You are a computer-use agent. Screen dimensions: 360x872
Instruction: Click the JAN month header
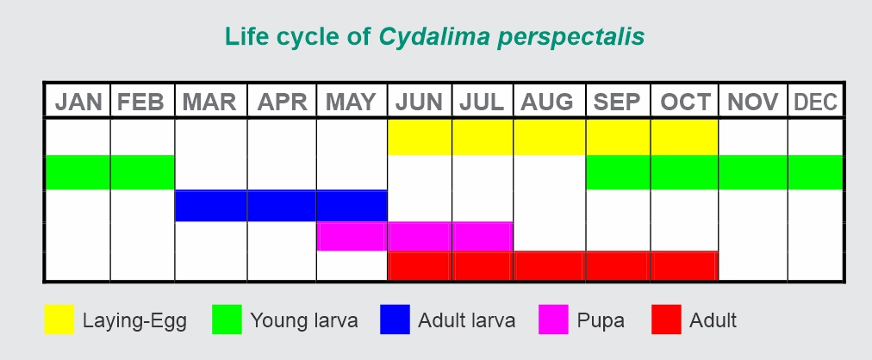coord(78,102)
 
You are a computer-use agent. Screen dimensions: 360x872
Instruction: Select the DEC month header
coord(815,102)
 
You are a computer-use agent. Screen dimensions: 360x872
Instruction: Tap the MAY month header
coord(352,102)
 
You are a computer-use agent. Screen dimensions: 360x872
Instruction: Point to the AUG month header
coord(548,102)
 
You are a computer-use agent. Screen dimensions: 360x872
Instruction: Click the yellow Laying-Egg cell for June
coord(420,137)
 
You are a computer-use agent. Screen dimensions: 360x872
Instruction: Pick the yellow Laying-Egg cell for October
coord(684,137)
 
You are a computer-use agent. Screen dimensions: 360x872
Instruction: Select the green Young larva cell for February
coord(142,172)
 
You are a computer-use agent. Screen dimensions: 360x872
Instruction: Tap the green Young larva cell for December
coord(815,172)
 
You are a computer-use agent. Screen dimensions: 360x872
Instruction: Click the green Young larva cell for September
coord(618,172)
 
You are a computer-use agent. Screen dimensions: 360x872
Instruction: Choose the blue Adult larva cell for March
coord(210,206)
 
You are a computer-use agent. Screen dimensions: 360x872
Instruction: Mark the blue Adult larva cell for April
coord(282,206)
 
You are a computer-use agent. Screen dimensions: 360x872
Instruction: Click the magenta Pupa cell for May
coord(352,236)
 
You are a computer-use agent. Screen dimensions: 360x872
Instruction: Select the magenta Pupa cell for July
coord(482,236)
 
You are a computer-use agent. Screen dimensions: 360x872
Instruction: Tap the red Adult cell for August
coord(549,266)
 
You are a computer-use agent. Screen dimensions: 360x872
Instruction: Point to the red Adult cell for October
coord(684,266)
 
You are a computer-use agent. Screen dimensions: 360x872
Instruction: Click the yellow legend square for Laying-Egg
coord(59,320)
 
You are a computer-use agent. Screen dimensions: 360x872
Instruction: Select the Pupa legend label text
coord(601,321)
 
